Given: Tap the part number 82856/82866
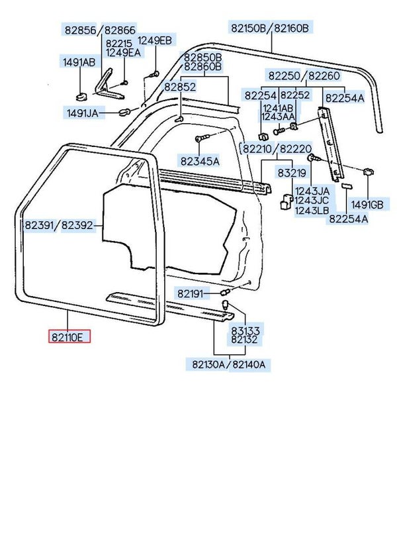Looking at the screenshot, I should (99, 30).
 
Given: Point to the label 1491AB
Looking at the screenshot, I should (79, 63).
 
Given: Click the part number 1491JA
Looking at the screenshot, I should (82, 113).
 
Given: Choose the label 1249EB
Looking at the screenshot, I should (155, 41).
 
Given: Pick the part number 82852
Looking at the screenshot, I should (180, 87).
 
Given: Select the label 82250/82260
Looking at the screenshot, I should (304, 75).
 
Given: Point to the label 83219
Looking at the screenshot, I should (291, 173).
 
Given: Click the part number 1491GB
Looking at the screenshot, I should (367, 204).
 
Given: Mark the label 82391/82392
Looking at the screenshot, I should (60, 226).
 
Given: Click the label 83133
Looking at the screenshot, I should (245, 330).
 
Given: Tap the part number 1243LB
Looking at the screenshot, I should (311, 211).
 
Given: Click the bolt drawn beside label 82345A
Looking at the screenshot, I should (201, 140).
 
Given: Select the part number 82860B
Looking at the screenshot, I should (202, 67).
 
